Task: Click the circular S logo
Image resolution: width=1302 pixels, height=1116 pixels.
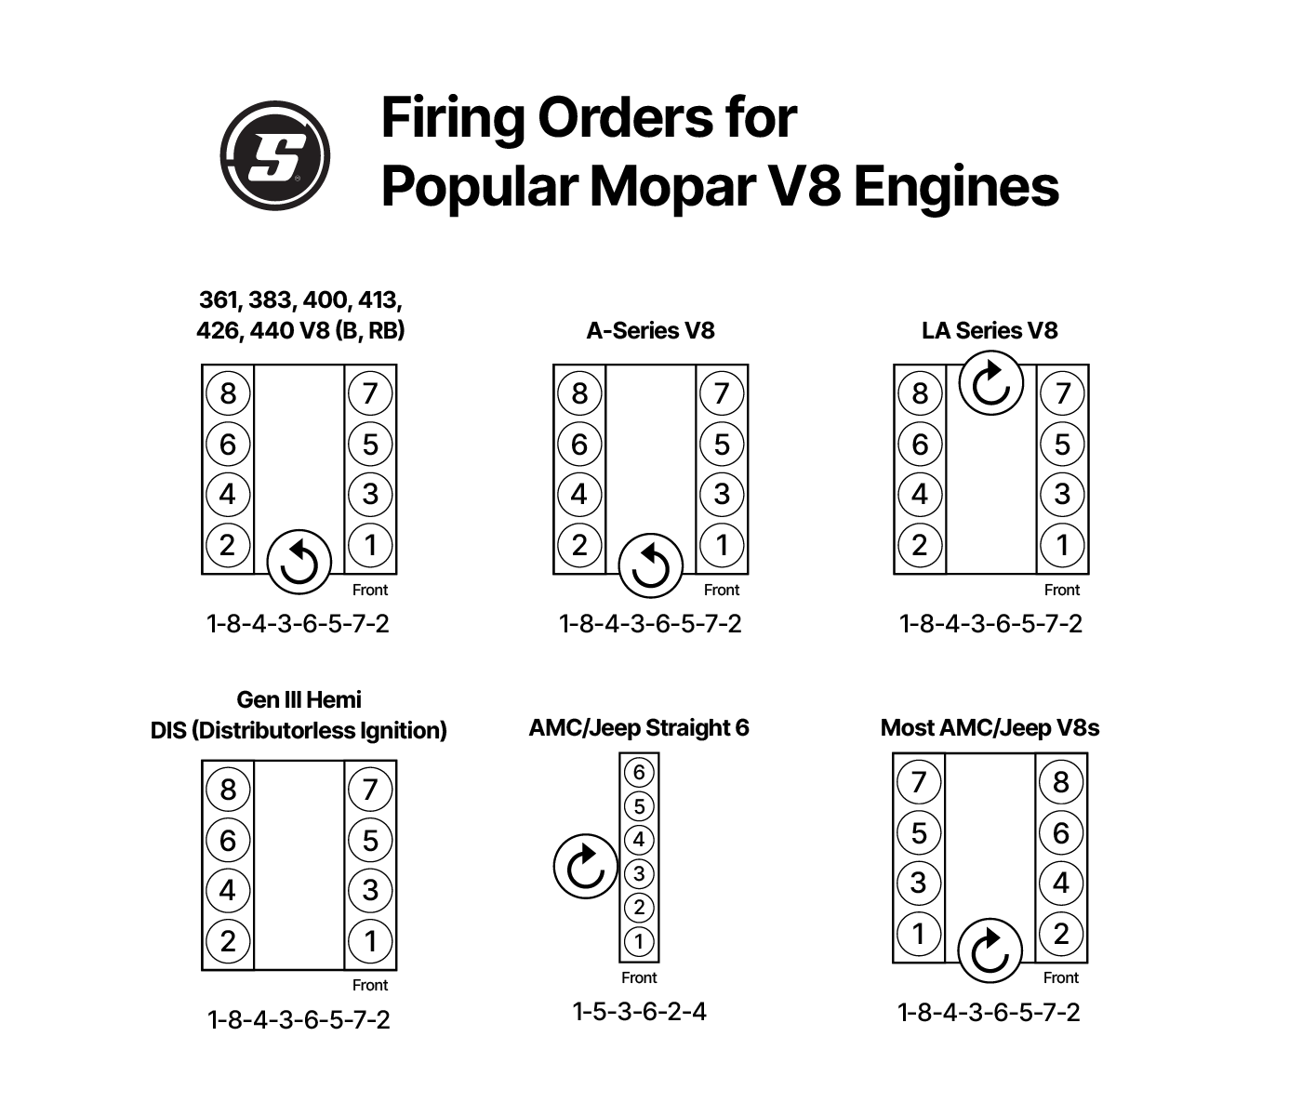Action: [274, 155]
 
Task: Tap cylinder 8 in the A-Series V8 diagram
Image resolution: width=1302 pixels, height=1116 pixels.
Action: [579, 393]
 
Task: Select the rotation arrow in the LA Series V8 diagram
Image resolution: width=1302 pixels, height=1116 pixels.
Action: [990, 383]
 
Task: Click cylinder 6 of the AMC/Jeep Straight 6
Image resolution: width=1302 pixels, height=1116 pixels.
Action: [639, 772]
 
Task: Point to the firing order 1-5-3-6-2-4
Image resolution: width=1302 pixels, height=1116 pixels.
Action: [639, 1012]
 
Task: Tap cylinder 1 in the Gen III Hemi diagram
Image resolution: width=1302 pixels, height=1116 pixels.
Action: [370, 941]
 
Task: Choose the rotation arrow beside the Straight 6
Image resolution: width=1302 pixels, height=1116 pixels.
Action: [585, 866]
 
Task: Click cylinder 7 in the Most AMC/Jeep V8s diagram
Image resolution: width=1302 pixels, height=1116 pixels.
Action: [919, 782]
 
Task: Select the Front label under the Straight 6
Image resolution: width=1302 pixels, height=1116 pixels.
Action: [639, 977]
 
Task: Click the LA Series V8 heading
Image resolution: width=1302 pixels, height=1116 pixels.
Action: [990, 331]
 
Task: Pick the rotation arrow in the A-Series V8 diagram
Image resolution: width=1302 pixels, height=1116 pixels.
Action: [650, 565]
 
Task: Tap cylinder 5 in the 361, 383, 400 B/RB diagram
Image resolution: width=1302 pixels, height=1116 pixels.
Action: [370, 445]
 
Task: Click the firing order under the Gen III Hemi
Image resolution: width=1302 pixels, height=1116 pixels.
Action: [299, 1020]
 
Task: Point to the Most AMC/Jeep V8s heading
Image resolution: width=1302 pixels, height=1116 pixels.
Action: [990, 728]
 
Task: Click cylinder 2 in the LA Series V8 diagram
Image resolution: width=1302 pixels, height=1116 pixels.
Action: [920, 545]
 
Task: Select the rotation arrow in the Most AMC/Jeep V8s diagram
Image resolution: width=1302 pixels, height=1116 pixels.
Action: [990, 950]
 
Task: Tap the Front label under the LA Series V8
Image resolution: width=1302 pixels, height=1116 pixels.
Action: [1061, 590]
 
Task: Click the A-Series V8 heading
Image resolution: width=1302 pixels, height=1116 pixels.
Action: [650, 331]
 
